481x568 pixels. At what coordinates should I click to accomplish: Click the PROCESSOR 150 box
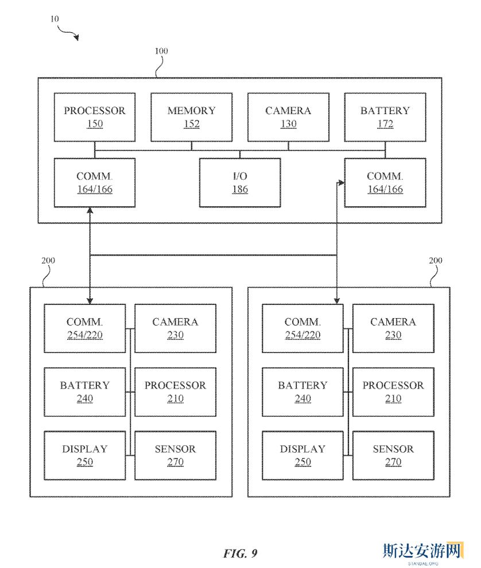(x=95, y=117)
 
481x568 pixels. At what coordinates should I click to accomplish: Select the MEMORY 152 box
(x=191, y=117)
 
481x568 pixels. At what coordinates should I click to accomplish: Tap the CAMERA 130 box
(x=288, y=117)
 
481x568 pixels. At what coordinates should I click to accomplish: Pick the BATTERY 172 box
(x=385, y=117)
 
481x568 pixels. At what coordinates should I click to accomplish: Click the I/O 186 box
(x=240, y=182)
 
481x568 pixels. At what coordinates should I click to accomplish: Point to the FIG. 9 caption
(x=240, y=553)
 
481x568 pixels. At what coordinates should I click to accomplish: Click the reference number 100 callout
(x=161, y=51)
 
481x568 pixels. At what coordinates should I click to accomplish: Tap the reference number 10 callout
(x=55, y=18)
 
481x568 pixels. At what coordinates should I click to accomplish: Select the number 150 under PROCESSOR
(x=95, y=124)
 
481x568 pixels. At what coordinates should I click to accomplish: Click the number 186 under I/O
(x=240, y=189)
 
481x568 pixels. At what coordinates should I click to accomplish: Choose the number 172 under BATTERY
(x=385, y=124)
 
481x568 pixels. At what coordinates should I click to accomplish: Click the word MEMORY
(x=191, y=111)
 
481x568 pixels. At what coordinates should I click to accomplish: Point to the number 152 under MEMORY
(x=191, y=124)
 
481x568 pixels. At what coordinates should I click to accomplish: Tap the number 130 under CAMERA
(x=288, y=124)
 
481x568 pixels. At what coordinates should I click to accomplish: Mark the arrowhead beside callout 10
(x=76, y=38)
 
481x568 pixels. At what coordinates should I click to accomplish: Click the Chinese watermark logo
(x=422, y=551)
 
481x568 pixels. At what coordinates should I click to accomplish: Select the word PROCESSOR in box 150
(x=95, y=111)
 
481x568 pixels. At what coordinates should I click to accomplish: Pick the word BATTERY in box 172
(x=385, y=111)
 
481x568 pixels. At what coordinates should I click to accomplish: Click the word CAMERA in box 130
(x=288, y=111)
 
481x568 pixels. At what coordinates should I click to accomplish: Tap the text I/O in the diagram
(x=240, y=176)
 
